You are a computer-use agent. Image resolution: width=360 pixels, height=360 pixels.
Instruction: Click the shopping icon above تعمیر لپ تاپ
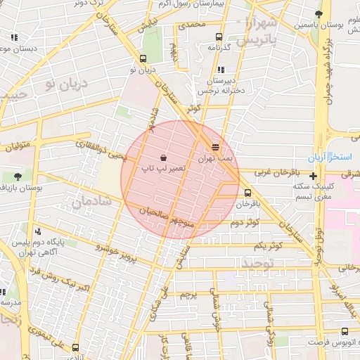click(163, 157)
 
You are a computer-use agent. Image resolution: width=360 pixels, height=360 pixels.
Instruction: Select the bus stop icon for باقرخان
click(247, 193)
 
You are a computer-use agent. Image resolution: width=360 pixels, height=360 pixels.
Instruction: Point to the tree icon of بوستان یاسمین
click(319, 13)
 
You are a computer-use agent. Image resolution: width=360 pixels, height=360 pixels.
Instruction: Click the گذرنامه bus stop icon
click(219, 37)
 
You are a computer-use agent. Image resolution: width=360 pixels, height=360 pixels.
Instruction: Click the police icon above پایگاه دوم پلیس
click(37, 231)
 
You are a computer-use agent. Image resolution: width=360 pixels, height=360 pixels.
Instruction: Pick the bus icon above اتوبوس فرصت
click(344, 331)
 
